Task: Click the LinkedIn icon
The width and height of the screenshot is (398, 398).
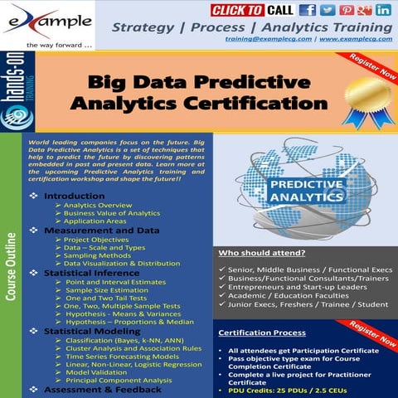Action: pyautogui.click(x=383, y=11)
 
